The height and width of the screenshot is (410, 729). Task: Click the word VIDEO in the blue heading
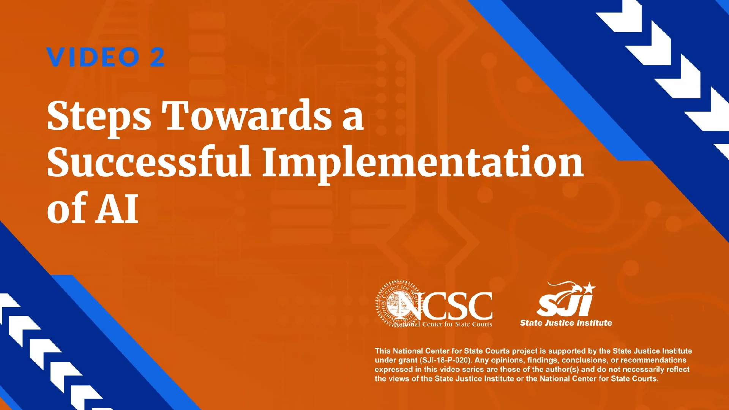point(93,58)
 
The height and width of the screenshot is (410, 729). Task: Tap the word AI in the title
point(117,208)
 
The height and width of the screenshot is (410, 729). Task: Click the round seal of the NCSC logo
point(397,304)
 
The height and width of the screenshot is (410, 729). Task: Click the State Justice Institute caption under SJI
point(566,323)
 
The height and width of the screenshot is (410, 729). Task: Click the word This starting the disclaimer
point(382,351)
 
